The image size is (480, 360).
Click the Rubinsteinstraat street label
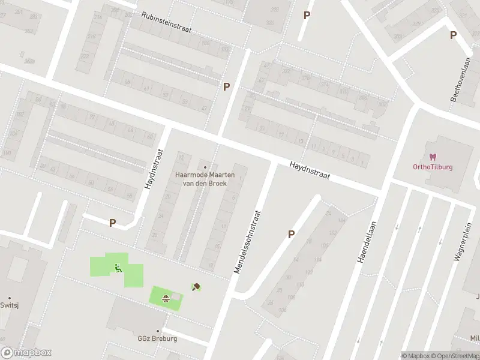pyautogui.click(x=170, y=23)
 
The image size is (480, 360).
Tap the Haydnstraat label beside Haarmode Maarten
pyautogui.click(x=153, y=169)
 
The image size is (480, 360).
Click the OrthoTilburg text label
pyautogui.click(x=433, y=167)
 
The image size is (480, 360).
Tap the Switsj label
pyautogui.click(x=10, y=305)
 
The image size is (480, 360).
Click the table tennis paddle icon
pyautogui.click(x=196, y=287)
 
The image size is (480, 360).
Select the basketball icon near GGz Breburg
pyautogui.click(x=165, y=297)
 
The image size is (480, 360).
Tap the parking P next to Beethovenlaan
pyautogui.click(x=453, y=35)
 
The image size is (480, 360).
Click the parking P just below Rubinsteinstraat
pyautogui.click(x=226, y=86)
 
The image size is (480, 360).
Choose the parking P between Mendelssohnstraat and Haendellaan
pyautogui.click(x=291, y=235)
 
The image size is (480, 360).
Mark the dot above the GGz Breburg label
pyautogui.click(x=158, y=331)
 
